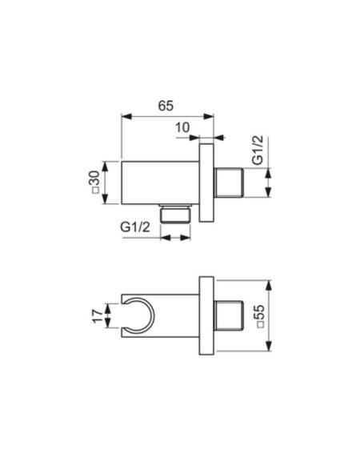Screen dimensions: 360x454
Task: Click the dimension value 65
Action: click(166, 106)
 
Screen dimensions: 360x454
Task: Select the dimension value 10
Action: click(182, 127)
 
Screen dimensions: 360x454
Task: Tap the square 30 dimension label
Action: click(96, 182)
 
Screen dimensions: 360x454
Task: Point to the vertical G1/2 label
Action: click(258, 150)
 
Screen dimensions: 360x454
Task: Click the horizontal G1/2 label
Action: click(135, 227)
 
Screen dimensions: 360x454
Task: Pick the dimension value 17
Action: click(98, 316)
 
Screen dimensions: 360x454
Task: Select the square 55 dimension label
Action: click(261, 316)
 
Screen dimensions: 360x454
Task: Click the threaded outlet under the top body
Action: click(176, 214)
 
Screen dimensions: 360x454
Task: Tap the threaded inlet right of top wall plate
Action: click(228, 183)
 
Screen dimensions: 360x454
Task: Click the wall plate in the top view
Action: click(206, 183)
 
